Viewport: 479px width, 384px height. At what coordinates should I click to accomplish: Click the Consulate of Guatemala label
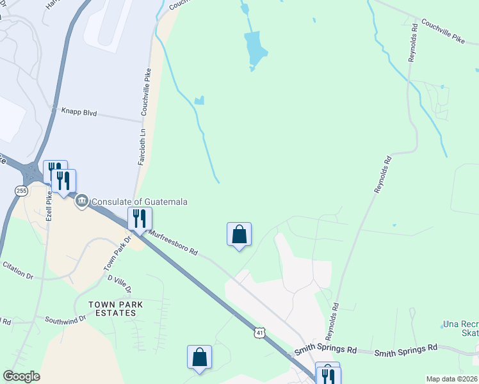(140, 202)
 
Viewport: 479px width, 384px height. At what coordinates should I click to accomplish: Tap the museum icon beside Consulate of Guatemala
(82, 202)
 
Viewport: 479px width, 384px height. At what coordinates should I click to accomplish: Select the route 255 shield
(22, 190)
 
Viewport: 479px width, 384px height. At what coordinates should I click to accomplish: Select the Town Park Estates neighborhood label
(112, 308)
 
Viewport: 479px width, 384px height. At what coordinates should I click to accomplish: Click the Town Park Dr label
(117, 253)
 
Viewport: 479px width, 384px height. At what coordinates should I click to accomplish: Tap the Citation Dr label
(17, 269)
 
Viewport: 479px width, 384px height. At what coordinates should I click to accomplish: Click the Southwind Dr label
(65, 319)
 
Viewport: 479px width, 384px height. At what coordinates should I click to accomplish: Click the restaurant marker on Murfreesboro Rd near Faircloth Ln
(139, 218)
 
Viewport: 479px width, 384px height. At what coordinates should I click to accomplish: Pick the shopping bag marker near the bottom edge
(199, 356)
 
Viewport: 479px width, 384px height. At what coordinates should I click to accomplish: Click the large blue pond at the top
(255, 49)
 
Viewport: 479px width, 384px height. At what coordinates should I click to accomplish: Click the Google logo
(20, 376)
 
